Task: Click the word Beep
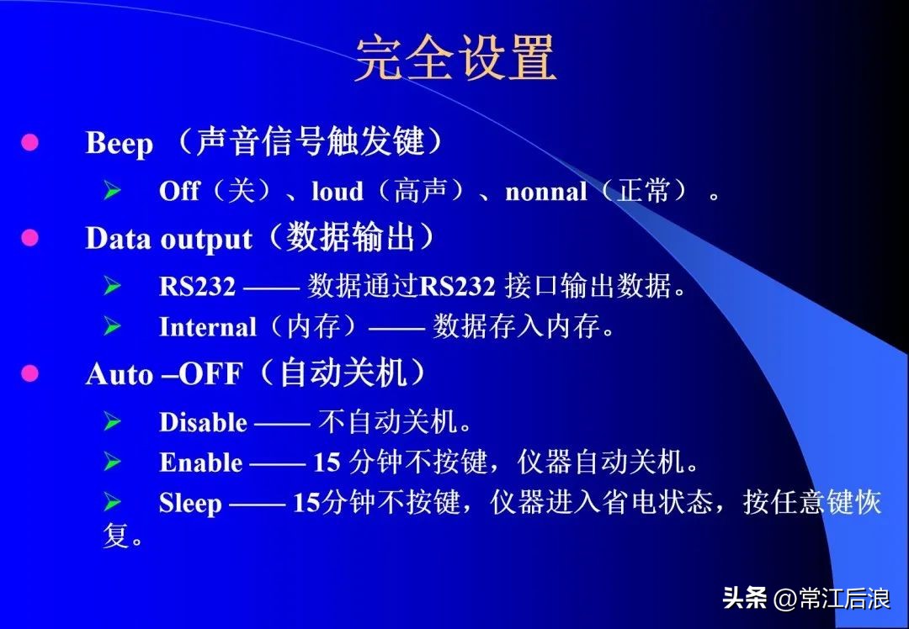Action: coord(120,143)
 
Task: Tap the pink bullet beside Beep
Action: coord(30,142)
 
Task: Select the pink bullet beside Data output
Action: coord(30,238)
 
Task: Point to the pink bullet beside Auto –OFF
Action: coord(30,373)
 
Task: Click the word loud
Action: coord(337,192)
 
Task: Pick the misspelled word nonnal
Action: coord(545,192)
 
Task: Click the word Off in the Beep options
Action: coord(179,191)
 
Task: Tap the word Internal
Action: coord(207,327)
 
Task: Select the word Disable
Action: coord(203,422)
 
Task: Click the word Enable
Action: coord(201,462)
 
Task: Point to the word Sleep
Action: coord(189,504)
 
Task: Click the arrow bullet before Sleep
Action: coord(112,503)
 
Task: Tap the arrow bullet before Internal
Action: coord(112,326)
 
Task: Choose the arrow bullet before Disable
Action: coord(112,421)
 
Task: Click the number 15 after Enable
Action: coord(327,462)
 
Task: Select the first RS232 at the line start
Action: coord(197,287)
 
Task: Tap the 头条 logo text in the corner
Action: coord(745,599)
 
